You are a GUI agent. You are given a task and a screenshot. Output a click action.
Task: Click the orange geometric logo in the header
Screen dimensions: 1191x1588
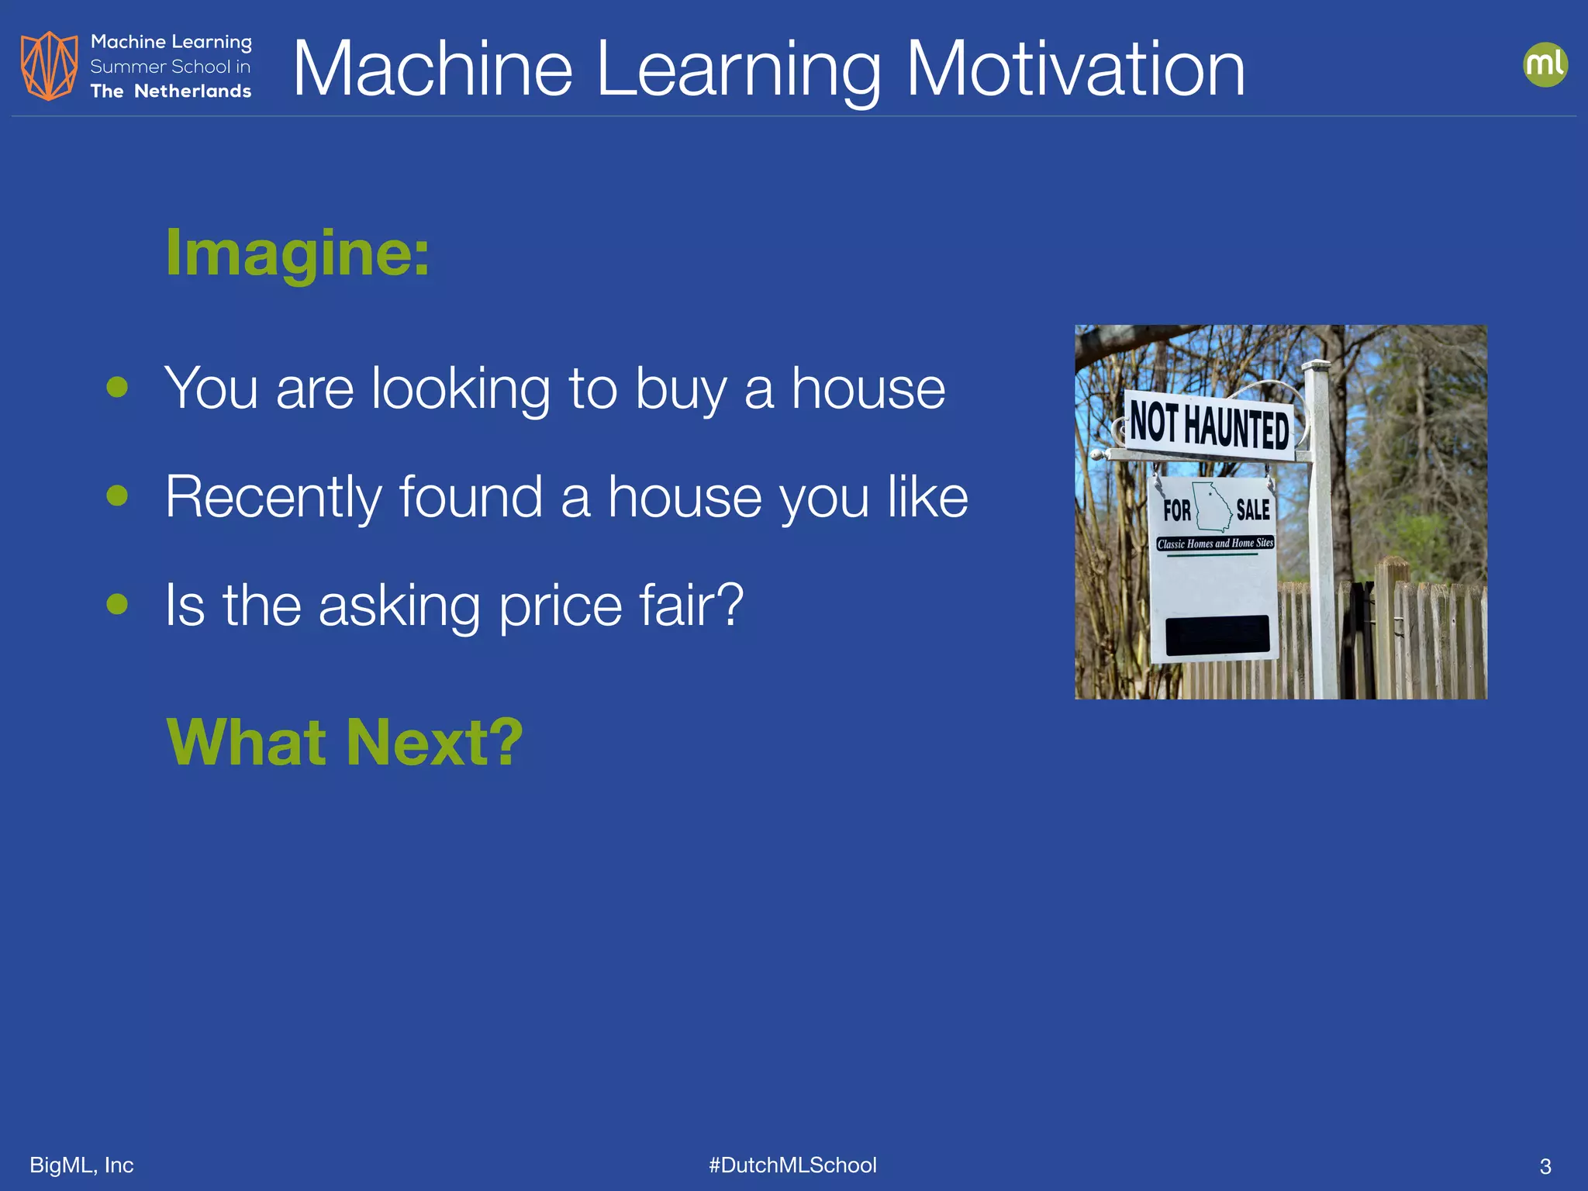[50, 66]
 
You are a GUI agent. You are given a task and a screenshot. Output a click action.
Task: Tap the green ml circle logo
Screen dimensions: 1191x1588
[1545, 64]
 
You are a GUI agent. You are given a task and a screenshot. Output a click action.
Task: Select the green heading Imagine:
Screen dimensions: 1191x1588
[298, 253]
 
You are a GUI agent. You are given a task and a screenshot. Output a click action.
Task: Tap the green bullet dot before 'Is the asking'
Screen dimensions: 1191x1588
[117, 603]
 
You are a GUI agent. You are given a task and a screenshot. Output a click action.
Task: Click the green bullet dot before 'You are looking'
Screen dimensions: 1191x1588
[117, 386]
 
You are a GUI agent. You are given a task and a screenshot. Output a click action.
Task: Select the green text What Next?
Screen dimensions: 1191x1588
[345, 742]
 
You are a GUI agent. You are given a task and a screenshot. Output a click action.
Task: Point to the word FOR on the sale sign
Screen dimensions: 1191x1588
[1176, 511]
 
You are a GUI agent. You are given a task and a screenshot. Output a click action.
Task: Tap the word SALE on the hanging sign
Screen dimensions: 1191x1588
[1252, 510]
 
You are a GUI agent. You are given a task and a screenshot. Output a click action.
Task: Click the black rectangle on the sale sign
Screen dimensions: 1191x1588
[1217, 635]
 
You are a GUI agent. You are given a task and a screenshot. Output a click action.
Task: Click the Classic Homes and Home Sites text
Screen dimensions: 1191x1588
[1215, 544]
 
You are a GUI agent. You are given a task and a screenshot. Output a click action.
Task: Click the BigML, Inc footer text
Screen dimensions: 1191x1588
[81, 1165]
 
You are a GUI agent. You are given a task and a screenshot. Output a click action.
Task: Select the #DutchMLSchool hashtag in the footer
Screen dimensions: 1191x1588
[792, 1165]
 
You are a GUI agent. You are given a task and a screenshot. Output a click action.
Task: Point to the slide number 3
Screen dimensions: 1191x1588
[1545, 1166]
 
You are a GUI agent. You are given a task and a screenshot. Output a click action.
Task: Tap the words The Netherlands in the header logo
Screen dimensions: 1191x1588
[171, 91]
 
